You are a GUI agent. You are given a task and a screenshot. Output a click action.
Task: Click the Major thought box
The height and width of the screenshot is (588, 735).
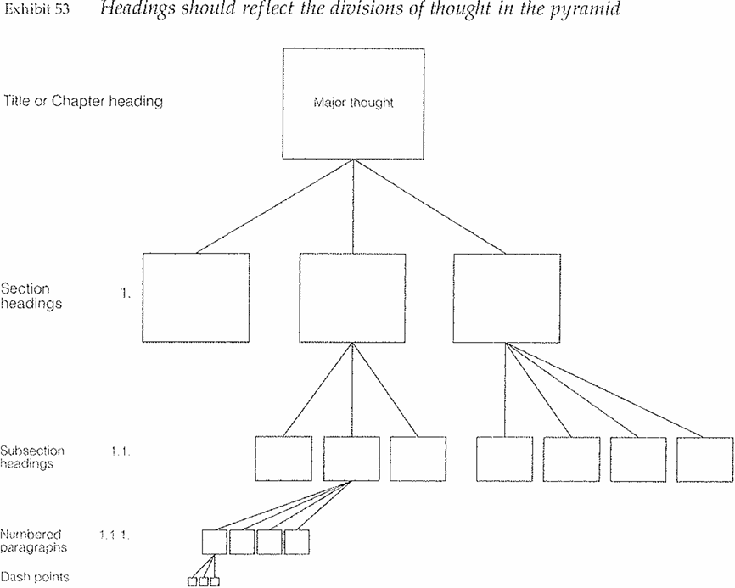pyautogui.click(x=353, y=104)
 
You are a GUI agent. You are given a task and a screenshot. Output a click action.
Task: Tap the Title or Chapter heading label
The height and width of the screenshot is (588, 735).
pyautogui.click(x=82, y=102)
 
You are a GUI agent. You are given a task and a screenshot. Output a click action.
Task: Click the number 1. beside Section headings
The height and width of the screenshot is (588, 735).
pyautogui.click(x=126, y=296)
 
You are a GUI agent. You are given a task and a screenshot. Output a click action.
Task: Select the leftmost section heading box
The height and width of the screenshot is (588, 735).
pyautogui.click(x=196, y=297)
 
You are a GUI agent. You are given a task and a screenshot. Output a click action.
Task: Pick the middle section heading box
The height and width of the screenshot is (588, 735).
pyautogui.click(x=353, y=297)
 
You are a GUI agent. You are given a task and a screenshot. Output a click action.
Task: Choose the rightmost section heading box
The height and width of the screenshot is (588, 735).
pyautogui.click(x=507, y=297)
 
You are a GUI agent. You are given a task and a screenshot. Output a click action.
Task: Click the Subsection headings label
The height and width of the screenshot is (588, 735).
pyautogui.click(x=33, y=457)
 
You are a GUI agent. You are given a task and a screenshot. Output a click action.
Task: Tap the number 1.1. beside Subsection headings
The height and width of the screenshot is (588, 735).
pyautogui.click(x=120, y=451)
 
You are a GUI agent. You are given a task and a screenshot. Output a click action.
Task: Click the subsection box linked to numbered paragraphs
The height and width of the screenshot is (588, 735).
pyautogui.click(x=351, y=459)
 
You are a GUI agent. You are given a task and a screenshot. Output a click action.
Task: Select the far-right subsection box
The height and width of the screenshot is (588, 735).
pyautogui.click(x=704, y=459)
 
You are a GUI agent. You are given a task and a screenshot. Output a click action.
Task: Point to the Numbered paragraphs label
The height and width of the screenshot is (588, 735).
pyautogui.click(x=33, y=540)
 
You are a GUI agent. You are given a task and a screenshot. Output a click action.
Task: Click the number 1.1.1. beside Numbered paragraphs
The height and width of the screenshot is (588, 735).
pyautogui.click(x=114, y=535)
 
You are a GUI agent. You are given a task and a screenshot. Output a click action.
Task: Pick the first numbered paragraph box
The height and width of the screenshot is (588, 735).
pyautogui.click(x=215, y=540)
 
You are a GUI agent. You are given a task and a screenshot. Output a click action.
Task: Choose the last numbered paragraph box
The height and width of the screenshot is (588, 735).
pyautogui.click(x=297, y=540)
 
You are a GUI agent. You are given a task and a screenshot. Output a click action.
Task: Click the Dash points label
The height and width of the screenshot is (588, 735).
pyautogui.click(x=34, y=577)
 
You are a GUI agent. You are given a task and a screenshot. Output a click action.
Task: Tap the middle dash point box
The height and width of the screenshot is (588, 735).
pyautogui.click(x=204, y=581)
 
